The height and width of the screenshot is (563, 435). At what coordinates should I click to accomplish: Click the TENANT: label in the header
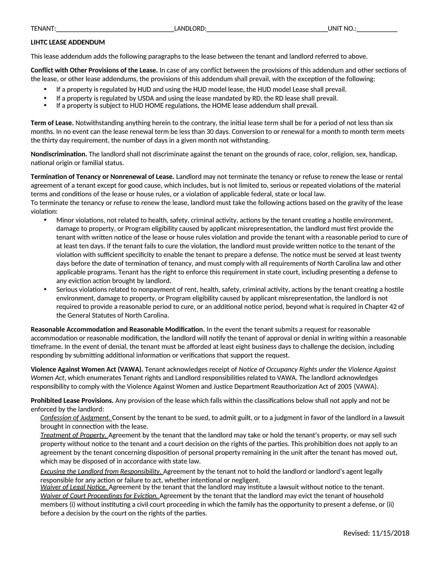43,29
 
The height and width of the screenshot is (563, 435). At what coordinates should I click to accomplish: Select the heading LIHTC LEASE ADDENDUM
68,42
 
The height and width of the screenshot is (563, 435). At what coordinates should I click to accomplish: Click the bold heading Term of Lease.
52,123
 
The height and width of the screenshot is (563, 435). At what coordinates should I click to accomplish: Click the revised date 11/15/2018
391,533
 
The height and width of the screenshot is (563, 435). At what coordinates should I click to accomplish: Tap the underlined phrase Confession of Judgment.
75,418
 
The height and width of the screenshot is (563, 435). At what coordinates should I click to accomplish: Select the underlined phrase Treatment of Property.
74,435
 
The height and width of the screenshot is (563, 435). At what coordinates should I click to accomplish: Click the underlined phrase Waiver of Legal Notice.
74,487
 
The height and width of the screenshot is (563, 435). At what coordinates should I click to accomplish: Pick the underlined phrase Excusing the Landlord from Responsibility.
101,471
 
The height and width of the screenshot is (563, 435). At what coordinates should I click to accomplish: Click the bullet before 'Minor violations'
45,220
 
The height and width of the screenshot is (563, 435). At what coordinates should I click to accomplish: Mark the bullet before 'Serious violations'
45,289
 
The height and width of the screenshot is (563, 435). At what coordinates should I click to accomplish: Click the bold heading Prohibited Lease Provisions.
72,400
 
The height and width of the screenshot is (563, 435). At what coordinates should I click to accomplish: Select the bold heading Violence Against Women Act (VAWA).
87,369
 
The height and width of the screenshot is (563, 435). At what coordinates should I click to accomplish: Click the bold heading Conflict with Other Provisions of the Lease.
94,70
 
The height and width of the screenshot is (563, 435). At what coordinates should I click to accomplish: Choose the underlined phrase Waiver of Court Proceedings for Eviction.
100,496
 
